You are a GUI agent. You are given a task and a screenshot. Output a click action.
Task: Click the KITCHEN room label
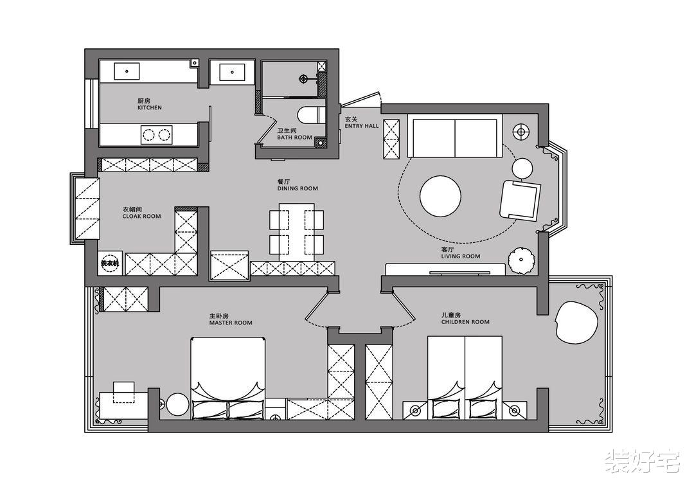[x=150, y=107]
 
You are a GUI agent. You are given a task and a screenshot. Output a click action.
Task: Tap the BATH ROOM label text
[x=295, y=138]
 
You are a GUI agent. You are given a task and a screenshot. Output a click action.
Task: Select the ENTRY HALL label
[x=362, y=126]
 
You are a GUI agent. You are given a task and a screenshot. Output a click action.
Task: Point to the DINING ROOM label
[x=298, y=188]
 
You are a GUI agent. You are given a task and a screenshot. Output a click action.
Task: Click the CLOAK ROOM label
[x=141, y=216]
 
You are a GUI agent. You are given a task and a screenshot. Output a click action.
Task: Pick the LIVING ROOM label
[x=461, y=256]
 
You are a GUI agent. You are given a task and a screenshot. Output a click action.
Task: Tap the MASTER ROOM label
[x=231, y=323]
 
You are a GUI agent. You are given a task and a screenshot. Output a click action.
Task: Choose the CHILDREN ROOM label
[x=465, y=322]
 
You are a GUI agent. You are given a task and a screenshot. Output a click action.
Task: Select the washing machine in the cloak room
[x=109, y=263]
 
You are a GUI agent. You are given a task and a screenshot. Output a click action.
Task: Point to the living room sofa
[x=454, y=136]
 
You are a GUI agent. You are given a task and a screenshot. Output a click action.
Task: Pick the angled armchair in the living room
[x=520, y=200]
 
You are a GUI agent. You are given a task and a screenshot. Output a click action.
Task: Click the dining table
[x=296, y=232]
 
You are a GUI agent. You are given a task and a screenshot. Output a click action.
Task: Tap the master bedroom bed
[x=228, y=378]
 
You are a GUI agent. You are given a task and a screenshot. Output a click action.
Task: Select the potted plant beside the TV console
[x=522, y=260]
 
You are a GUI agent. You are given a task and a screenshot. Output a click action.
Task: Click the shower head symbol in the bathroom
[x=303, y=79]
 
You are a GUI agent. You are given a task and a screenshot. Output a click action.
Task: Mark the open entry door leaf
[x=360, y=99]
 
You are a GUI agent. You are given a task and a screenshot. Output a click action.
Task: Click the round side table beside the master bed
[x=179, y=404]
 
